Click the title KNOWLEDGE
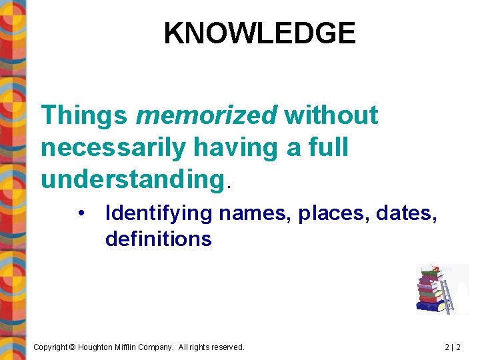click(259, 33)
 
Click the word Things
click(85, 115)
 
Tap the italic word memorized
click(206, 115)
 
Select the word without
click(331, 115)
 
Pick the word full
click(331, 147)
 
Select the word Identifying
click(159, 214)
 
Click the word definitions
click(158, 239)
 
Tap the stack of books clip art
click(429, 290)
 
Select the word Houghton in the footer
click(99, 347)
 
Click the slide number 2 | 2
click(453, 347)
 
